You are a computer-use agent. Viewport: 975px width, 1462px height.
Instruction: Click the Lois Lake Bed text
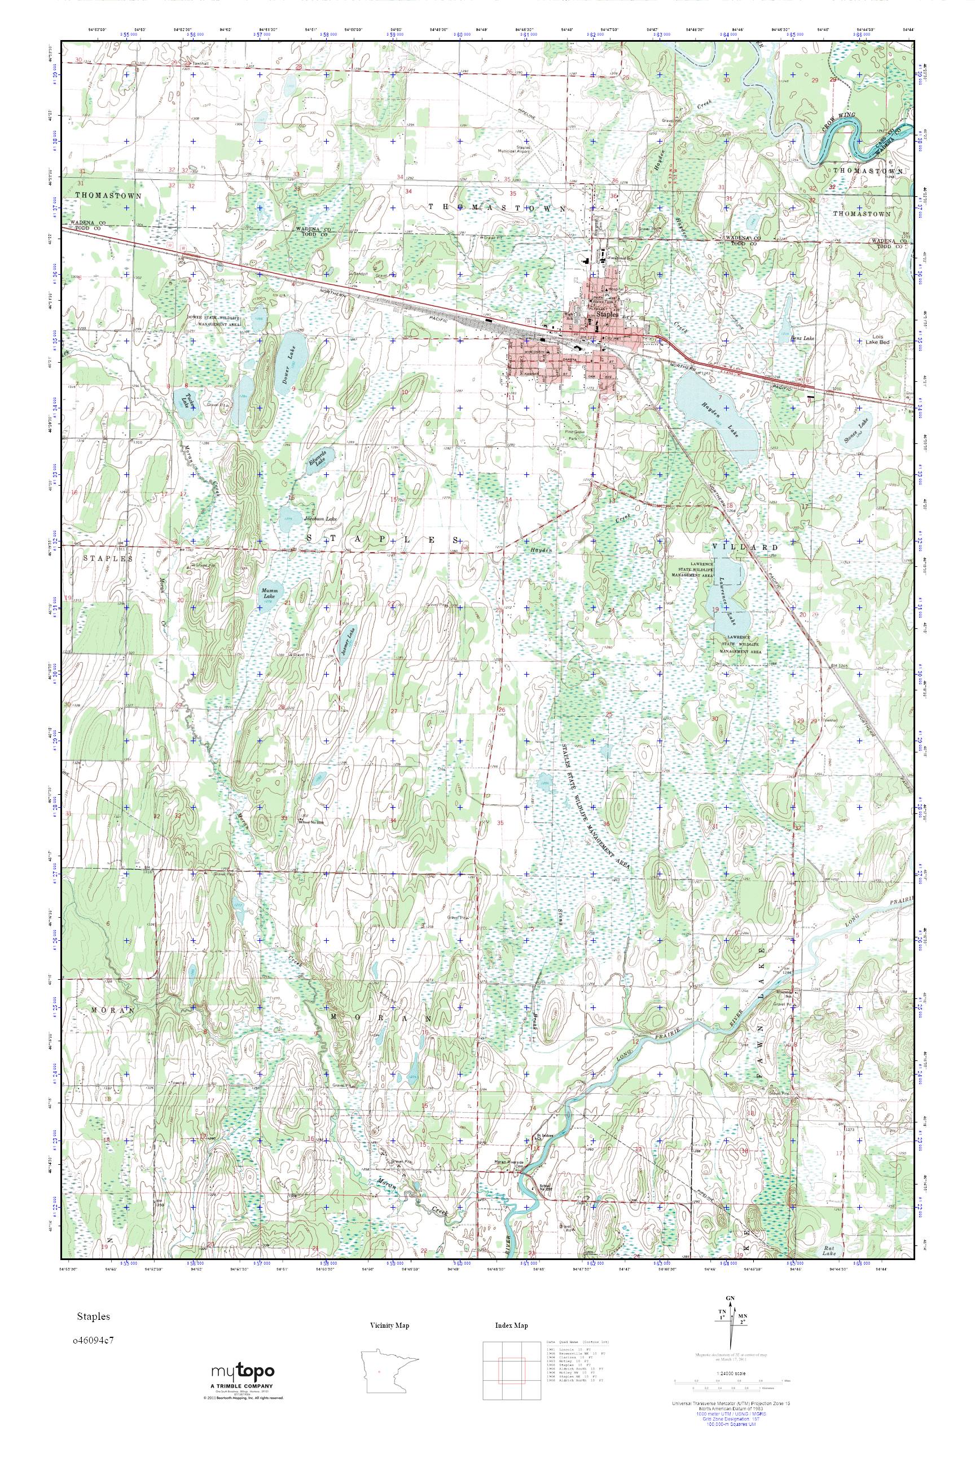pyautogui.click(x=881, y=339)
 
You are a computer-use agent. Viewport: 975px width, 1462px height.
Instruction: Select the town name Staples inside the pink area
pyautogui.click(x=604, y=315)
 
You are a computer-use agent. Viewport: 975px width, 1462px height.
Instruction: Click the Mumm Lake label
pyautogui.click(x=269, y=592)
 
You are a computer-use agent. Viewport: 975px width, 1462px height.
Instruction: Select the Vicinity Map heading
pyautogui.click(x=389, y=1326)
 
